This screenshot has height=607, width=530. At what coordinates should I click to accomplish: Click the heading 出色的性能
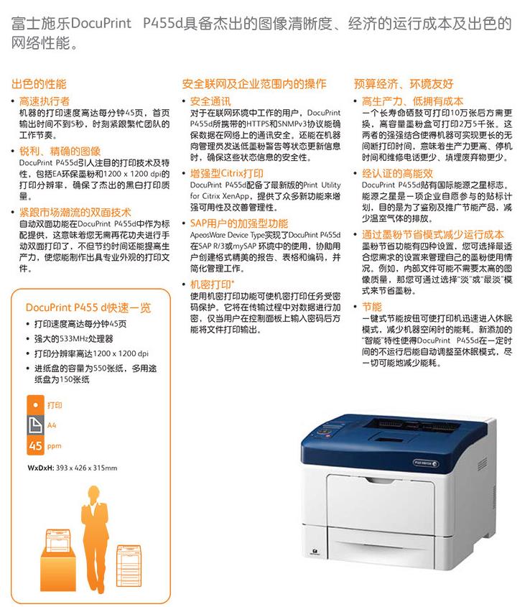[39, 84]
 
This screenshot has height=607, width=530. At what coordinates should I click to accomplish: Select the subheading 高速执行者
[45, 101]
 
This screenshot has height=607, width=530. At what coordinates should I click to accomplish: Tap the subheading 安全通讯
[210, 101]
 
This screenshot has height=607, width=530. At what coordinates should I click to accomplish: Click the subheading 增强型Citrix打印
[226, 173]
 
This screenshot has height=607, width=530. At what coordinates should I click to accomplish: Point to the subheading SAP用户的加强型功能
[239, 223]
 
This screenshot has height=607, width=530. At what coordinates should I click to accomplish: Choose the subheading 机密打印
[211, 284]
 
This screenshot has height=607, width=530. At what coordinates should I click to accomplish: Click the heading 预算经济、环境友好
[403, 84]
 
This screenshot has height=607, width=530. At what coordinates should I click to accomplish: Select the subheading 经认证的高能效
[397, 173]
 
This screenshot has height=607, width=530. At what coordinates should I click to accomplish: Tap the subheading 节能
[372, 307]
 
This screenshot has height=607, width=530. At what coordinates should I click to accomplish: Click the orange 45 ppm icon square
[35, 445]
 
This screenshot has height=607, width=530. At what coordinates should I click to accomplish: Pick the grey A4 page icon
[35, 425]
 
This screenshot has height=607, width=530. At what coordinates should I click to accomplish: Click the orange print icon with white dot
[35, 405]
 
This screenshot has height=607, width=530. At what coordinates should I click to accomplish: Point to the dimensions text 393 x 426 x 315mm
[86, 468]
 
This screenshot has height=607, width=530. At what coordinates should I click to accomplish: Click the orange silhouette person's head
[93, 494]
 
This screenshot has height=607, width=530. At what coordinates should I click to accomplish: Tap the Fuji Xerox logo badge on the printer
[425, 463]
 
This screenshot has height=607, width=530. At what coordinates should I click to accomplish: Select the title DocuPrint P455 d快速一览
[88, 307]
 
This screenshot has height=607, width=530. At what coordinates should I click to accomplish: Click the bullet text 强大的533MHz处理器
[73, 339]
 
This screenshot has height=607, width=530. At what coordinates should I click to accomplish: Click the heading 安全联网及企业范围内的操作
[254, 84]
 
